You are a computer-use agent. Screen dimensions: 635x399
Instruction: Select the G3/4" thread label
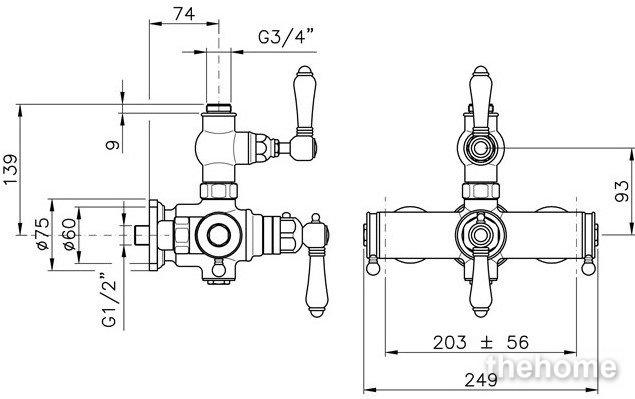[286, 37]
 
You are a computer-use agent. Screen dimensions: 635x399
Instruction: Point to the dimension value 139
[11, 169]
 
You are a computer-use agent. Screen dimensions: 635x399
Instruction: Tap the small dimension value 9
[113, 145]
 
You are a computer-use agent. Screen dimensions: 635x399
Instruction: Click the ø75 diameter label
[43, 234]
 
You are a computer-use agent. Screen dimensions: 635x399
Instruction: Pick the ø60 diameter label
[69, 235]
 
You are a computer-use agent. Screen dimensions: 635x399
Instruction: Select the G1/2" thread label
[109, 299]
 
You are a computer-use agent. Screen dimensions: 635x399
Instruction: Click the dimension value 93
[621, 191]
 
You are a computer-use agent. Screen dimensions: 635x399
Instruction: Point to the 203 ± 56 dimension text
[481, 343]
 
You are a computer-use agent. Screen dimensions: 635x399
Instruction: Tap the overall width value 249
[481, 380]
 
